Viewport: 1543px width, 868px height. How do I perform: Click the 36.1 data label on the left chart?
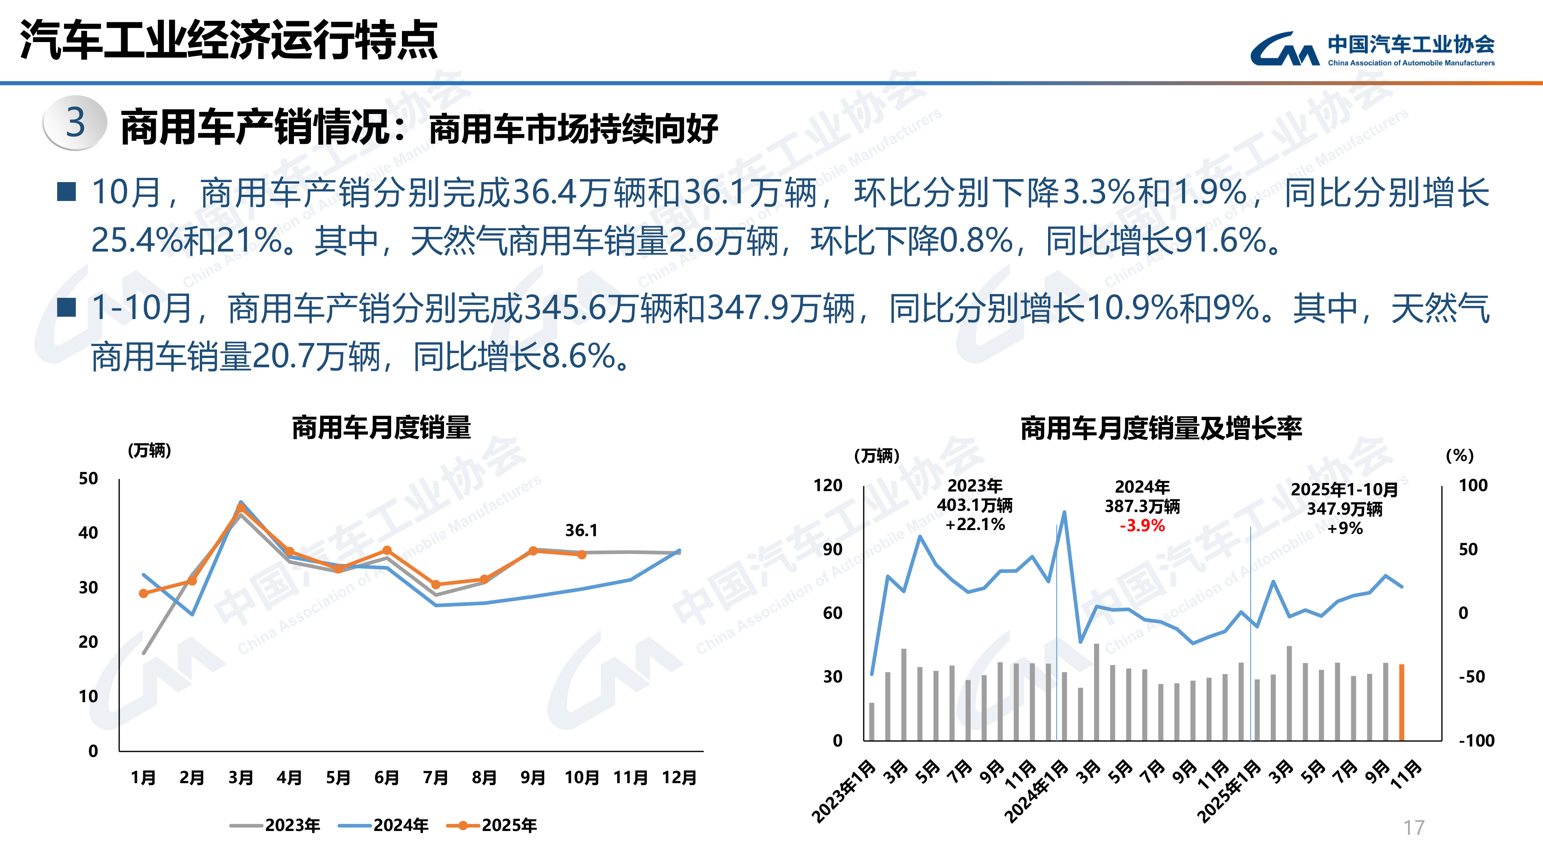(x=581, y=530)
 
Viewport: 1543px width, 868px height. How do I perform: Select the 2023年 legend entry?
(x=275, y=826)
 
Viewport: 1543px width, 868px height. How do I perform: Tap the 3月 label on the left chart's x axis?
(x=241, y=778)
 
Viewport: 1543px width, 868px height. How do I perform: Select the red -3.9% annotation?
(x=1142, y=526)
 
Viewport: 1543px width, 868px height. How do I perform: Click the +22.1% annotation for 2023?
(x=975, y=525)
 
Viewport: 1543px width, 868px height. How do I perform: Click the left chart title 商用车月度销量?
(x=382, y=428)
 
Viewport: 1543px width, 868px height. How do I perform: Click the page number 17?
(x=1414, y=828)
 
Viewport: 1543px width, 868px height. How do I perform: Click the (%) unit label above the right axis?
(x=1460, y=456)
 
